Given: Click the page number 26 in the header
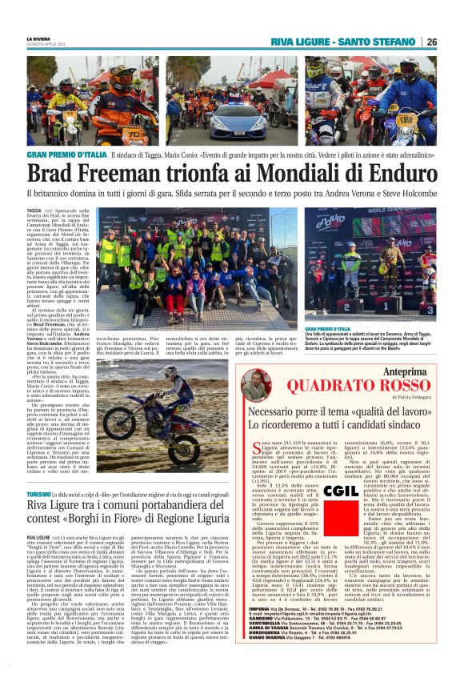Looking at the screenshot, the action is point(431,42).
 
